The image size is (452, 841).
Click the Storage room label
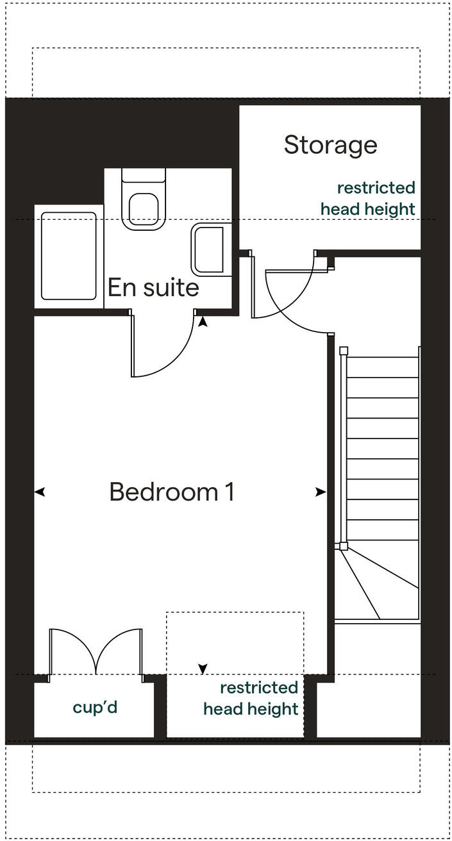330,145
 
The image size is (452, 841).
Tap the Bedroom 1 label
172,492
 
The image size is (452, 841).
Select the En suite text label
153,287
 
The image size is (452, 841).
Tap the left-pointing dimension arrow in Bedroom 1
40,492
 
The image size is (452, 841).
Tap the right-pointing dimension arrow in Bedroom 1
320,492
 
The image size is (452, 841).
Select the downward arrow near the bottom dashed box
203,669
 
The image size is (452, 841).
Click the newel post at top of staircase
344,351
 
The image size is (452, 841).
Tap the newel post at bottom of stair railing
344,546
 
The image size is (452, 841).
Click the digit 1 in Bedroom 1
229,492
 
